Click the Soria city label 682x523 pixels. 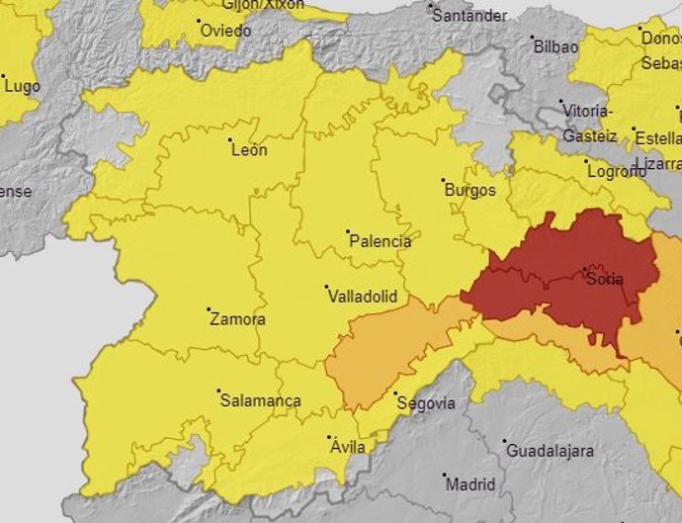pyautogui.click(x=605, y=280)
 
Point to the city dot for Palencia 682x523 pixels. pyautogui.click(x=348, y=232)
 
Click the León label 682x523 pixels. pyautogui.click(x=249, y=150)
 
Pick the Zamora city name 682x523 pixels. pyautogui.click(x=238, y=320)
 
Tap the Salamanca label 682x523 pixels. pyautogui.click(x=260, y=401)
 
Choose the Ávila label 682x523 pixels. pyautogui.click(x=347, y=448)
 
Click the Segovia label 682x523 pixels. pyautogui.click(x=425, y=403)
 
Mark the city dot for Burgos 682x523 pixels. pyautogui.click(x=444, y=181)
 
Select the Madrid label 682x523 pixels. pyautogui.click(x=470, y=485)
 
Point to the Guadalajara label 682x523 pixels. pyautogui.click(x=551, y=452)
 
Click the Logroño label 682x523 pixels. pyautogui.click(x=616, y=171)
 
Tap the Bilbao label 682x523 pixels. pyautogui.click(x=555, y=46)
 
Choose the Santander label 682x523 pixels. pyautogui.click(x=470, y=16)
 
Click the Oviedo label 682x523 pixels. pyautogui.click(x=225, y=31)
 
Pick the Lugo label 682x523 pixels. pyautogui.click(x=22, y=87)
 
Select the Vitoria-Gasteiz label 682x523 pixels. pyautogui.click(x=590, y=123)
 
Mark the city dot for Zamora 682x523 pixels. pyautogui.click(x=209, y=310)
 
